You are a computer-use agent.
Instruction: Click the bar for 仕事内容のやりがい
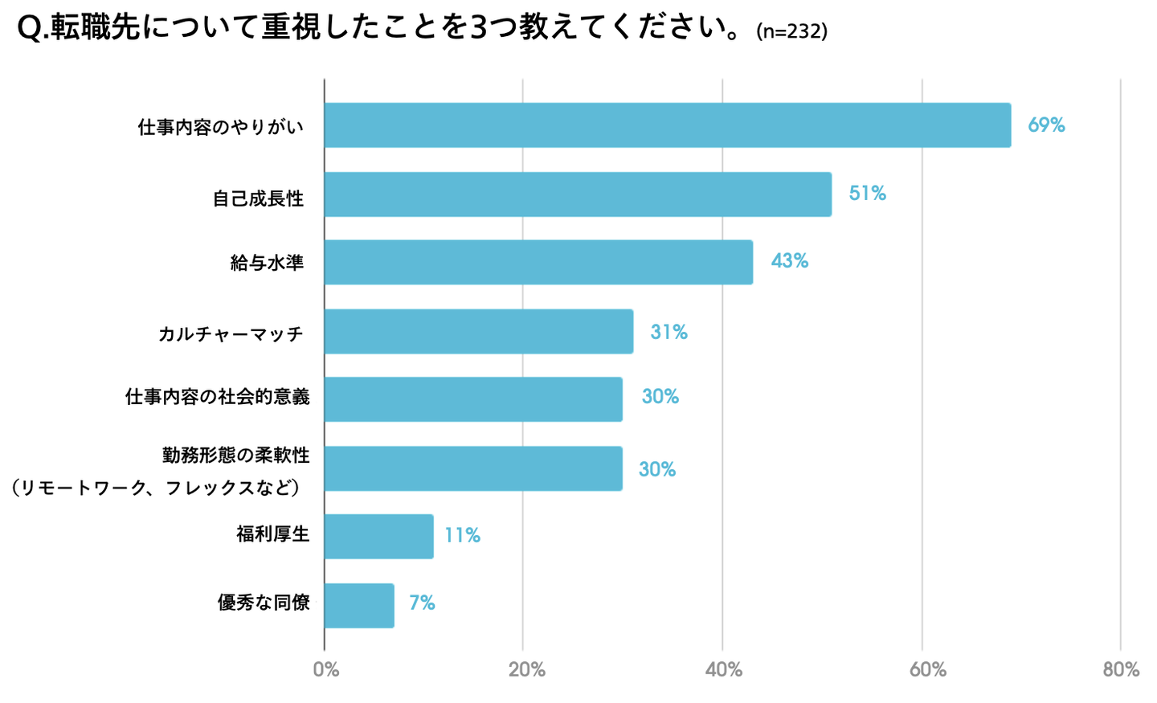click(x=667, y=125)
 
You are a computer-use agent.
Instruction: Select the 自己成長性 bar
click(x=578, y=194)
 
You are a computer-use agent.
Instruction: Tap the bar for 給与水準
click(x=538, y=262)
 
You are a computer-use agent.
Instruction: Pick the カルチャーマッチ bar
click(x=478, y=332)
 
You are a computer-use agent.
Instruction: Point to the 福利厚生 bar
click(x=378, y=537)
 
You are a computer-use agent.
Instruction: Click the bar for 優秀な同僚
click(x=359, y=606)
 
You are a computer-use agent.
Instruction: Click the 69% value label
click(x=1046, y=125)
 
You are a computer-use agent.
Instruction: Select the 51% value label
click(x=867, y=194)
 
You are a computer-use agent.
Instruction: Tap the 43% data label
click(x=789, y=261)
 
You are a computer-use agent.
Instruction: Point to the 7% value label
click(x=422, y=603)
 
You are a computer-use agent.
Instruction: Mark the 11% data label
click(x=462, y=536)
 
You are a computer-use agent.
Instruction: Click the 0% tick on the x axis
click(x=326, y=669)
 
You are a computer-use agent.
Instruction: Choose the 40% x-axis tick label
click(x=723, y=669)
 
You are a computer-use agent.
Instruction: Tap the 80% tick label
click(x=1121, y=669)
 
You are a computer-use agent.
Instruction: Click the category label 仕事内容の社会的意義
click(x=217, y=397)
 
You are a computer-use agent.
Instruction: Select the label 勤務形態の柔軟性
click(x=235, y=456)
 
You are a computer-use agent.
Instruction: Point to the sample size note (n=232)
click(x=791, y=32)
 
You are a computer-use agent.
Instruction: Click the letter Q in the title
click(x=29, y=29)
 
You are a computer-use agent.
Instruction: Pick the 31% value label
click(x=668, y=333)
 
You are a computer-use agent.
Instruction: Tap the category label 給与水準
click(x=267, y=264)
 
